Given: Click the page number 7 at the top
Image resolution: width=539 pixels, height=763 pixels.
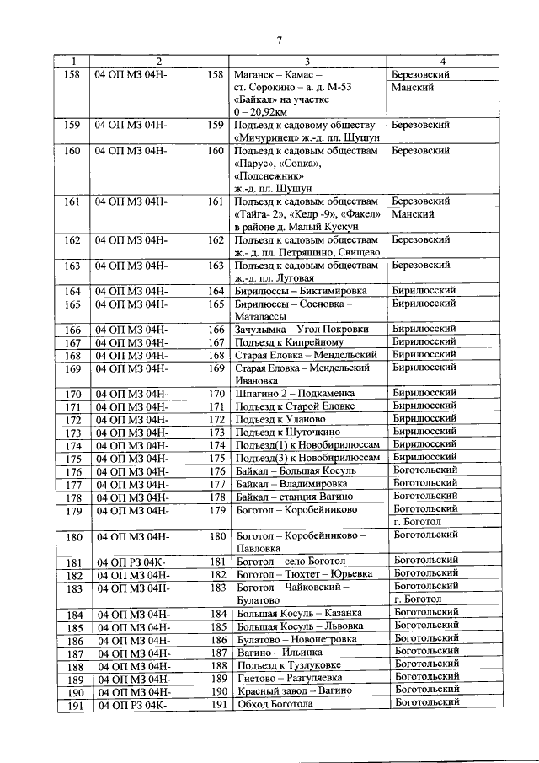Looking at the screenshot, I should point(278,40).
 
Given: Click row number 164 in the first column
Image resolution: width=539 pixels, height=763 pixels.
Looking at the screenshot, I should point(73,292).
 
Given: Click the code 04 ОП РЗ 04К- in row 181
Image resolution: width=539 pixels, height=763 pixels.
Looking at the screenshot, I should point(132,562).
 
